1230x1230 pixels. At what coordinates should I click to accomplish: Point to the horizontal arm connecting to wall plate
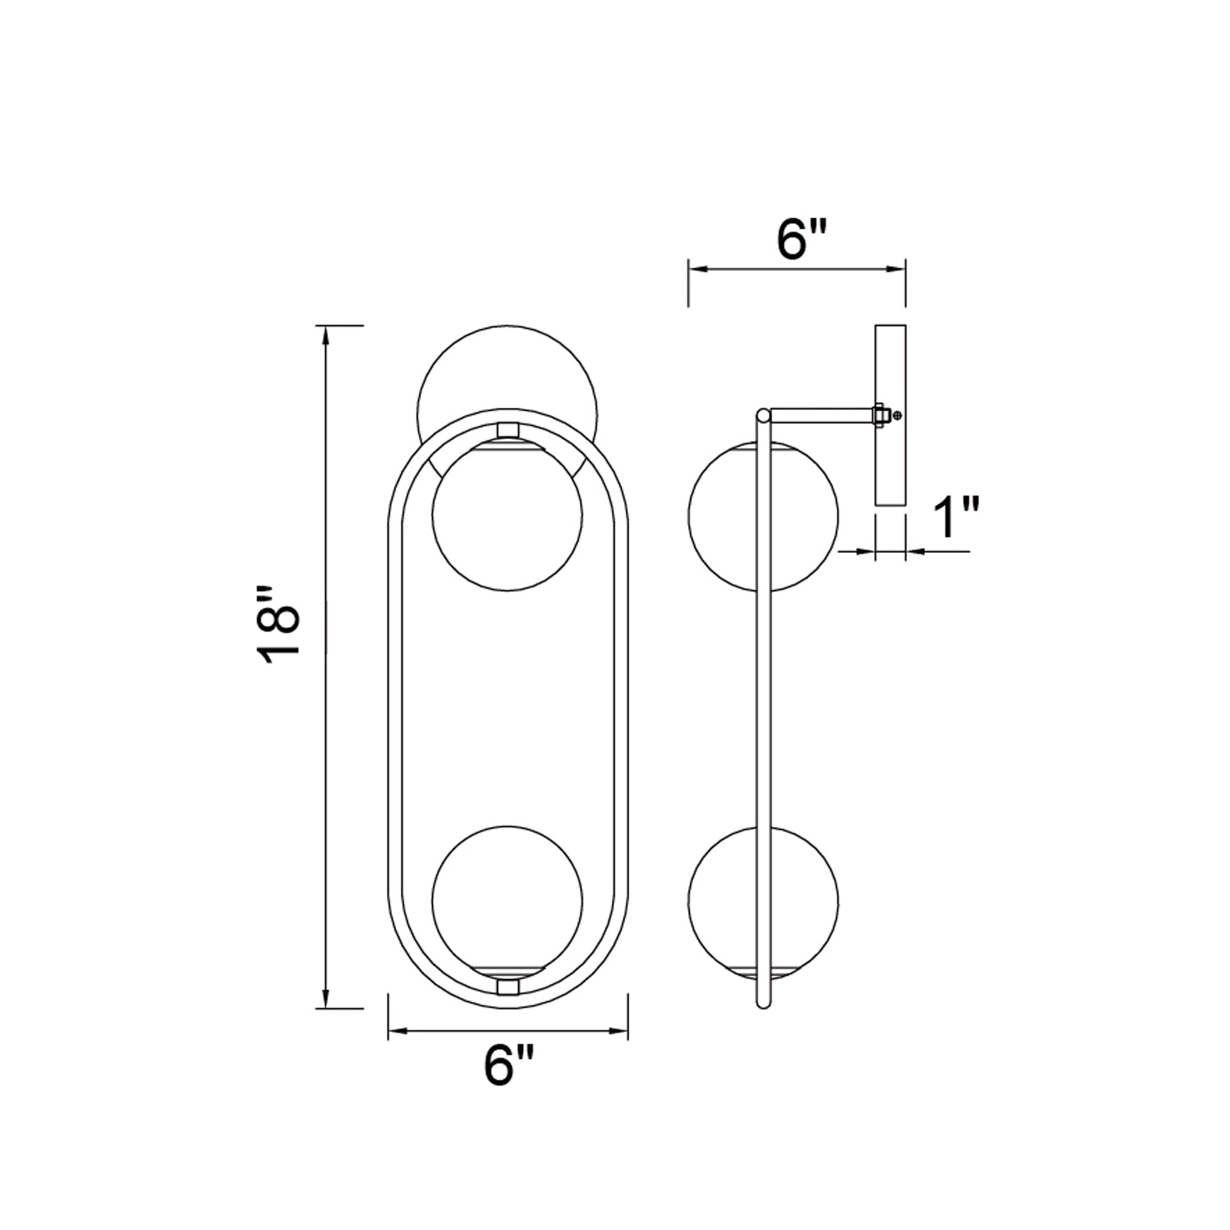821,415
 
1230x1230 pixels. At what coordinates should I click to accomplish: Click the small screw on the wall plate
898,415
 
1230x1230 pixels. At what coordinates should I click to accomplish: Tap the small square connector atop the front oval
507,430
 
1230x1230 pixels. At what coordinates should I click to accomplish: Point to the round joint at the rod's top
763,416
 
